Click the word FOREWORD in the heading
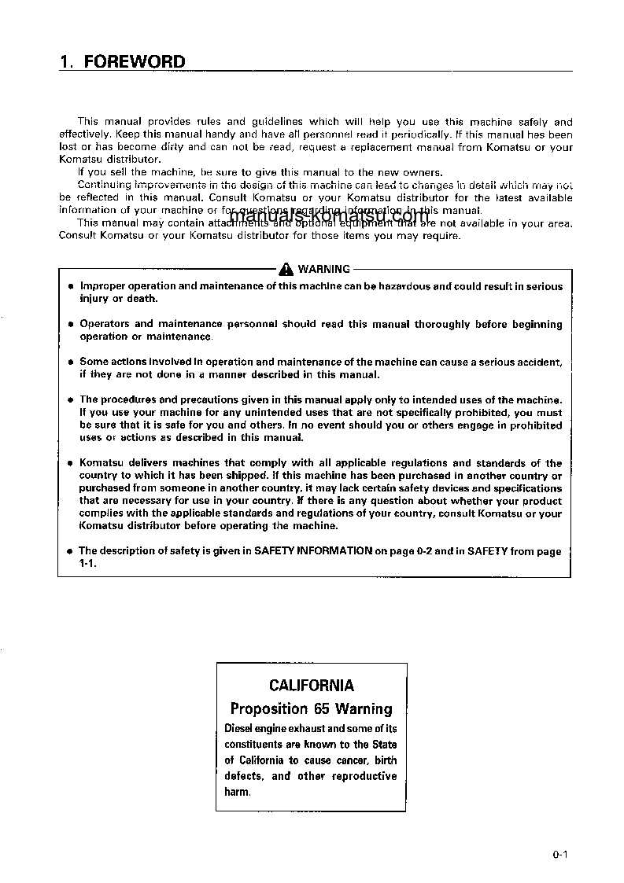[135, 62]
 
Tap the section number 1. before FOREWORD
[67, 62]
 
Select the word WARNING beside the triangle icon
[323, 269]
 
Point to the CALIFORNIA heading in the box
[311, 686]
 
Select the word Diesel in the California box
[242, 729]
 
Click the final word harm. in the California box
[238, 792]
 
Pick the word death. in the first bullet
[142, 299]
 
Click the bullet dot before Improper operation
[71, 287]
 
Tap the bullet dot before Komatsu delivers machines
[71, 464]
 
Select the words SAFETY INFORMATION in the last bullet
[313, 551]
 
